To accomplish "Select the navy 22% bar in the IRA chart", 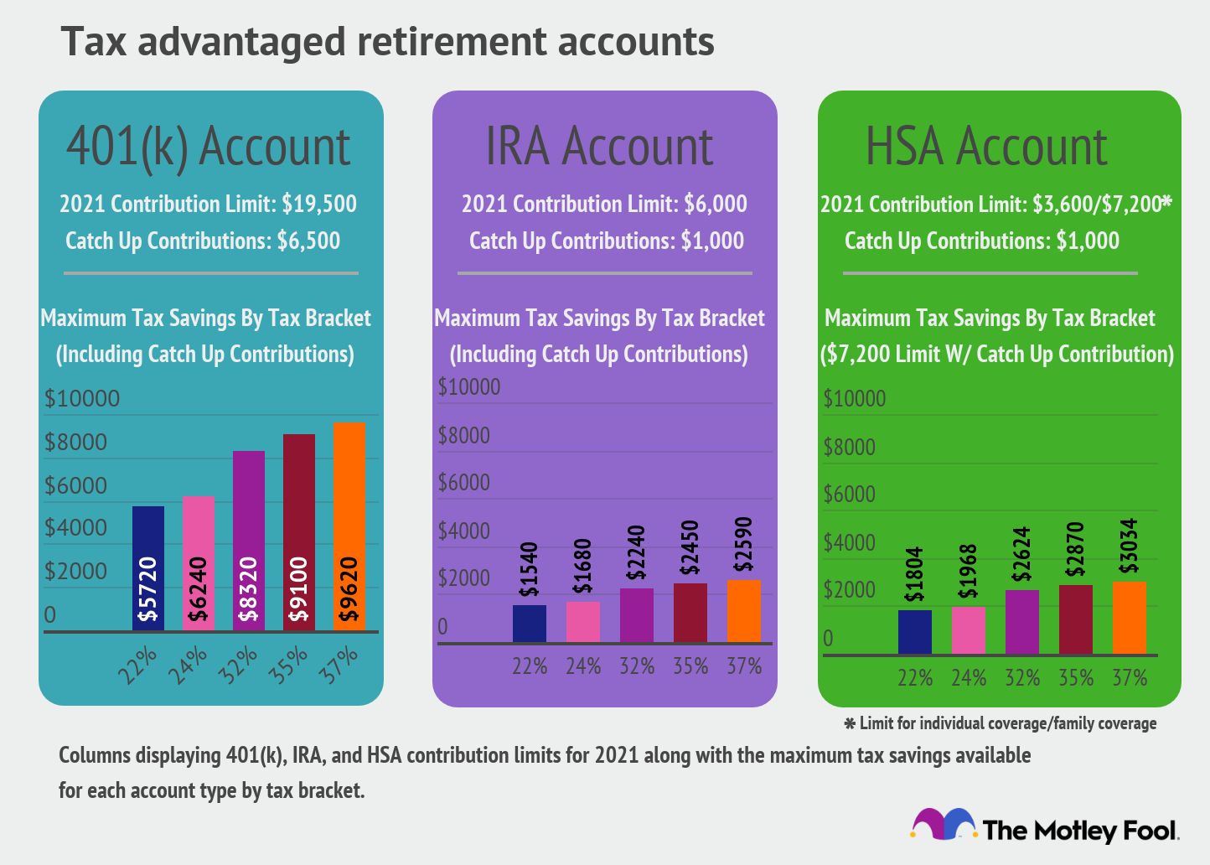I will point(529,624).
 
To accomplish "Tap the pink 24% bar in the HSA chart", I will point(968,630).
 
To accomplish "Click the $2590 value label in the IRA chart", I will point(743,545).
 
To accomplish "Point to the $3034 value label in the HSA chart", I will point(1129,546).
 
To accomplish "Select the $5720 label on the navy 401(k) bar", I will point(148,589).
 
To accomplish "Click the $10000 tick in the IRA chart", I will point(469,387).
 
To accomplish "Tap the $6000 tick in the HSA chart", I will point(849,495).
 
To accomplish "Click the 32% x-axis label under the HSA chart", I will point(1021,677).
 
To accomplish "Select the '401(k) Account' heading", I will point(209,147).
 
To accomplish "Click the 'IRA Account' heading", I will point(600,147).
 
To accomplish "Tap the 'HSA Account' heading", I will point(986,147).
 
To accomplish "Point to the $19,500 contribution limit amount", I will point(319,204).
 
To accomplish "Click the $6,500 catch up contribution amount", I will point(308,241).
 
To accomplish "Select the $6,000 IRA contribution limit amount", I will point(715,204).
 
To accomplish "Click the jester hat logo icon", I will point(944,825).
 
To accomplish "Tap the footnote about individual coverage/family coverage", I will point(1001,723).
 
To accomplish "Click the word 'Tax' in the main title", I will point(95,42).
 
